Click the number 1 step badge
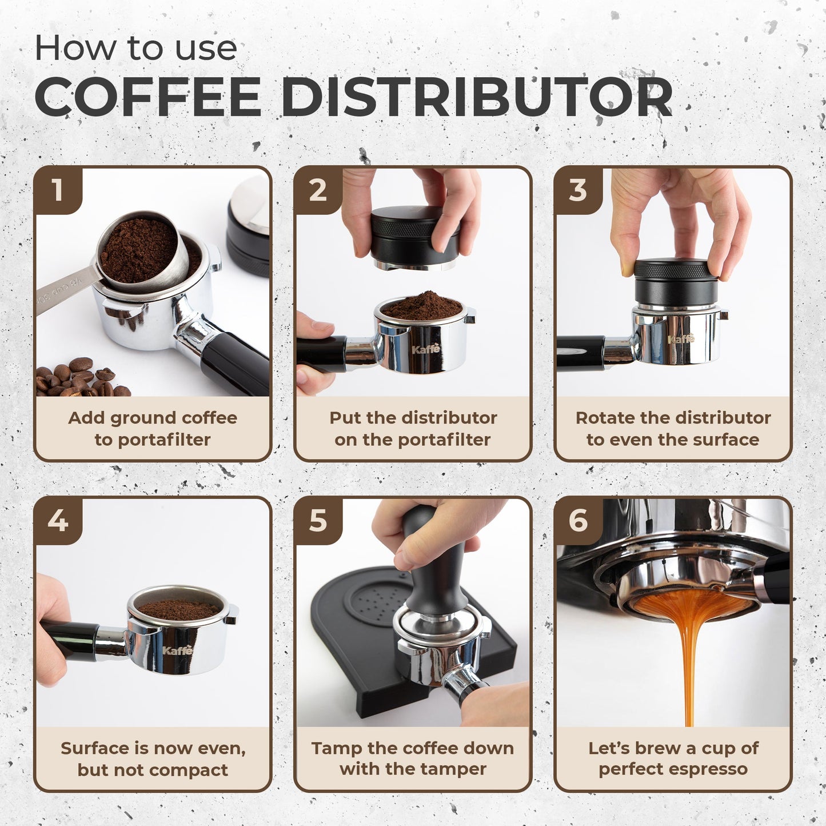[58, 190]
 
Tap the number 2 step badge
[318, 190]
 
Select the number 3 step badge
[578, 190]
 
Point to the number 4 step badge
[58, 521]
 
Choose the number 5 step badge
[318, 521]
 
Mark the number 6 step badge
[578, 521]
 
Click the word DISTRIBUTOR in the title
[476, 96]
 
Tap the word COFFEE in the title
[147, 96]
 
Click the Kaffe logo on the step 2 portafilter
[426, 349]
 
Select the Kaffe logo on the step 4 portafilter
[177, 651]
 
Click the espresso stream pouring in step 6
[689, 660]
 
